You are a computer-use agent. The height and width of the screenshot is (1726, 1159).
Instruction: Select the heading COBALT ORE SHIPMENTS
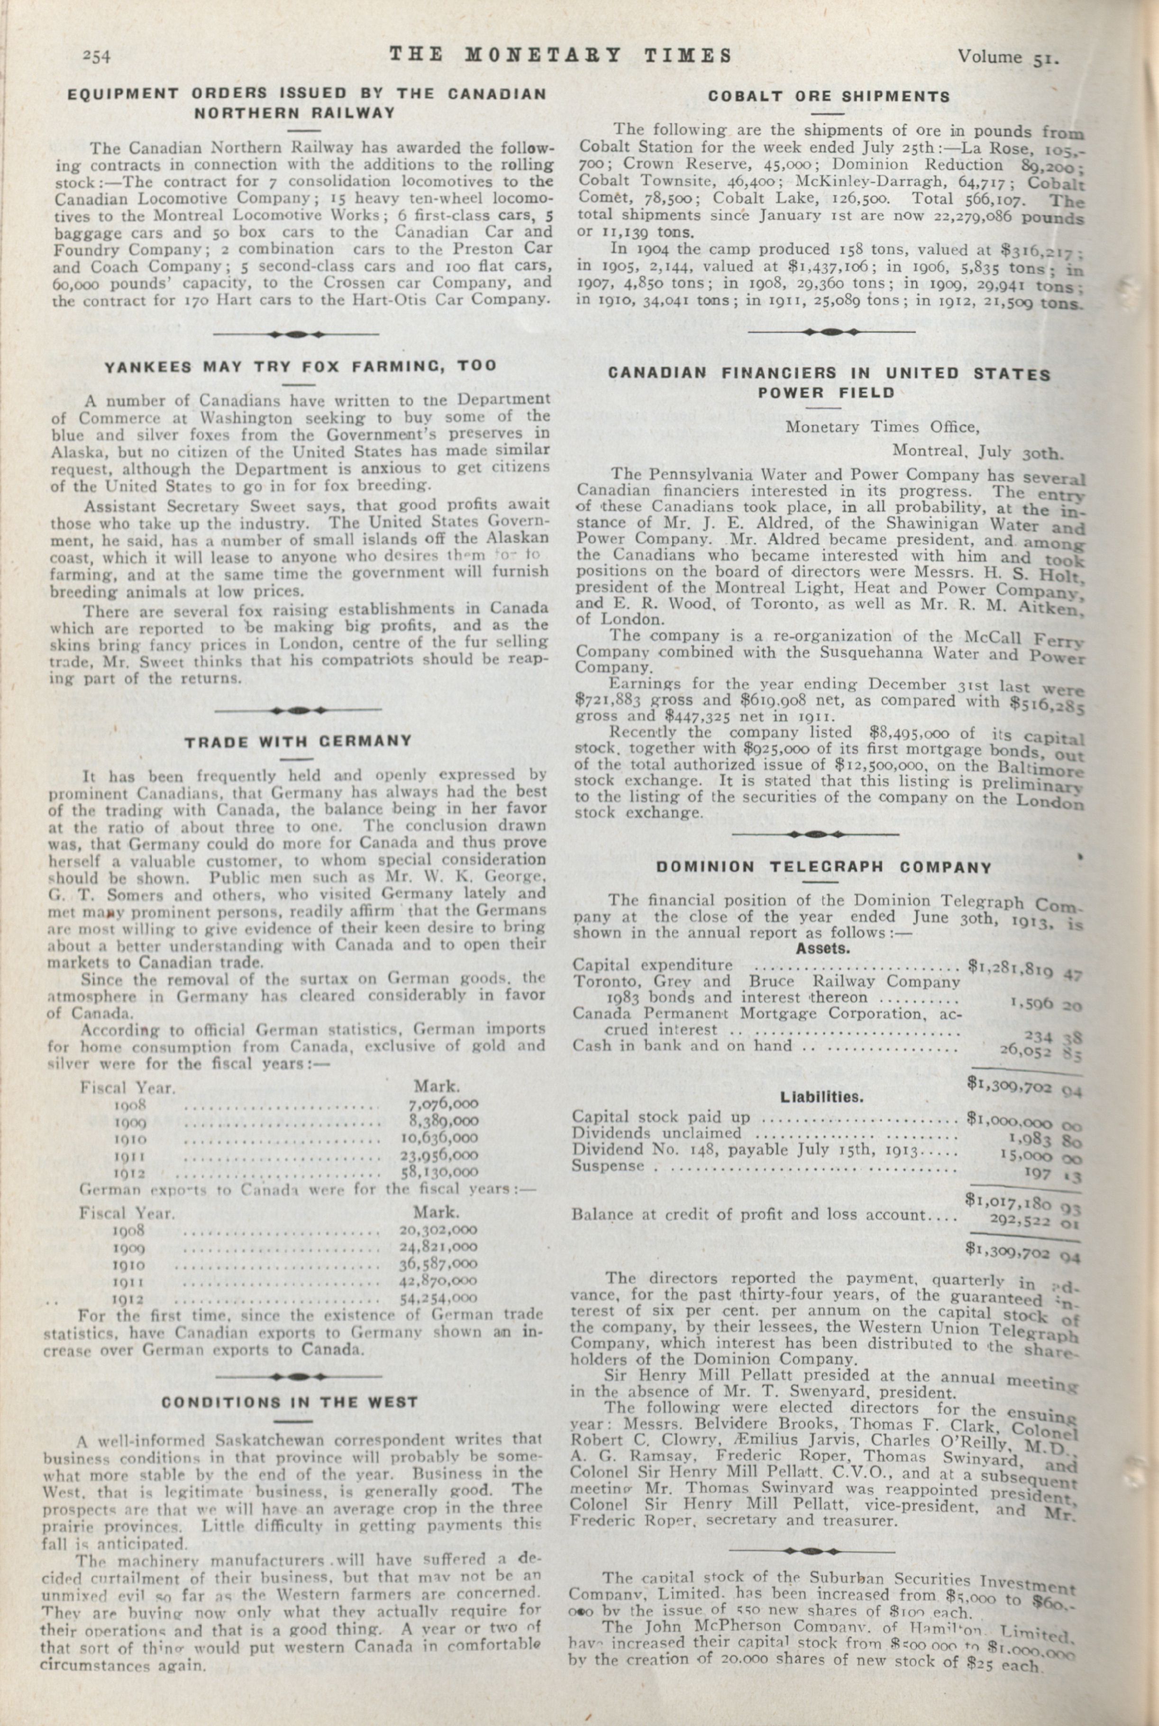[829, 96]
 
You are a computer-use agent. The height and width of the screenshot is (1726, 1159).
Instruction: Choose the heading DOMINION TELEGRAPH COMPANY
[824, 867]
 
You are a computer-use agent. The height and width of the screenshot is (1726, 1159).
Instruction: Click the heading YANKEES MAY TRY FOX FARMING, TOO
[300, 367]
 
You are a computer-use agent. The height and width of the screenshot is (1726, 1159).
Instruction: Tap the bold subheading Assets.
[823, 948]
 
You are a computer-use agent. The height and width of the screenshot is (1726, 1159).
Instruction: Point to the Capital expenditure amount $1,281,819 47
[1024, 969]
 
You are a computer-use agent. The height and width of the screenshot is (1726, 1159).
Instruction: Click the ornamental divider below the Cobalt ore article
[831, 332]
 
